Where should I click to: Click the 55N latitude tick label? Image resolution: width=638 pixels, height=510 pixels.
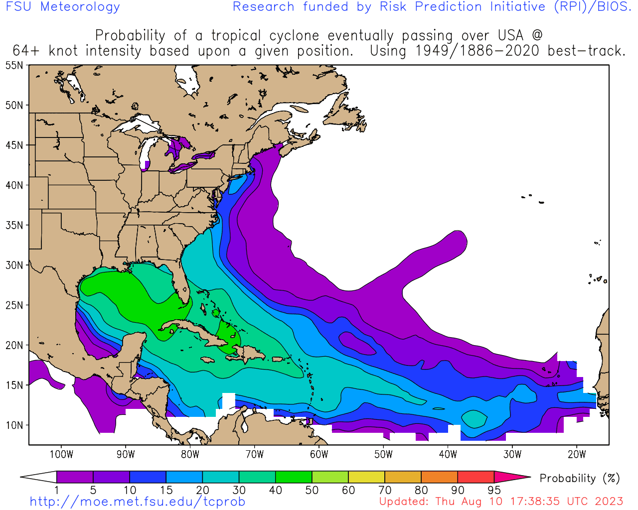14,65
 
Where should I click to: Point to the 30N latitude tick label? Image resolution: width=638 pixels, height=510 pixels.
14,265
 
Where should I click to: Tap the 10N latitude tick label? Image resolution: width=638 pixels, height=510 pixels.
14,425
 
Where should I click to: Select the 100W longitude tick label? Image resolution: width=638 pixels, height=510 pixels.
61,454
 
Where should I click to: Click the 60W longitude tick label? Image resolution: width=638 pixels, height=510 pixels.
319,454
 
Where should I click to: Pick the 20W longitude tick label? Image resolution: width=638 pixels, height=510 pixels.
577,454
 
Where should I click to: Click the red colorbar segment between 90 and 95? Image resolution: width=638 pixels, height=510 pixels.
476,477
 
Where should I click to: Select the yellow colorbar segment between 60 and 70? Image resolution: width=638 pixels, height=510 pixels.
366,477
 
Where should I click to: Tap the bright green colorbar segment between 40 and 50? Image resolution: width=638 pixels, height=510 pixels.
294,477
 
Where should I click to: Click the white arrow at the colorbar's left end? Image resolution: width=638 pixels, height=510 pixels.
39,477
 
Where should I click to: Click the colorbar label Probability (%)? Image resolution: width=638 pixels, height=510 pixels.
580,479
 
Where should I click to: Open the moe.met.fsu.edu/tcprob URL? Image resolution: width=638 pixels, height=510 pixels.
138,502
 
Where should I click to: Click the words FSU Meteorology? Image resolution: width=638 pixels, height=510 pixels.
63,7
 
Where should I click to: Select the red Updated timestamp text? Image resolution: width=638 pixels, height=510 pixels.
501,502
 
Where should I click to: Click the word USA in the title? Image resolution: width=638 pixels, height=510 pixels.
510,36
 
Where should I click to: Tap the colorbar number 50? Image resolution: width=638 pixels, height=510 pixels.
312,490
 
